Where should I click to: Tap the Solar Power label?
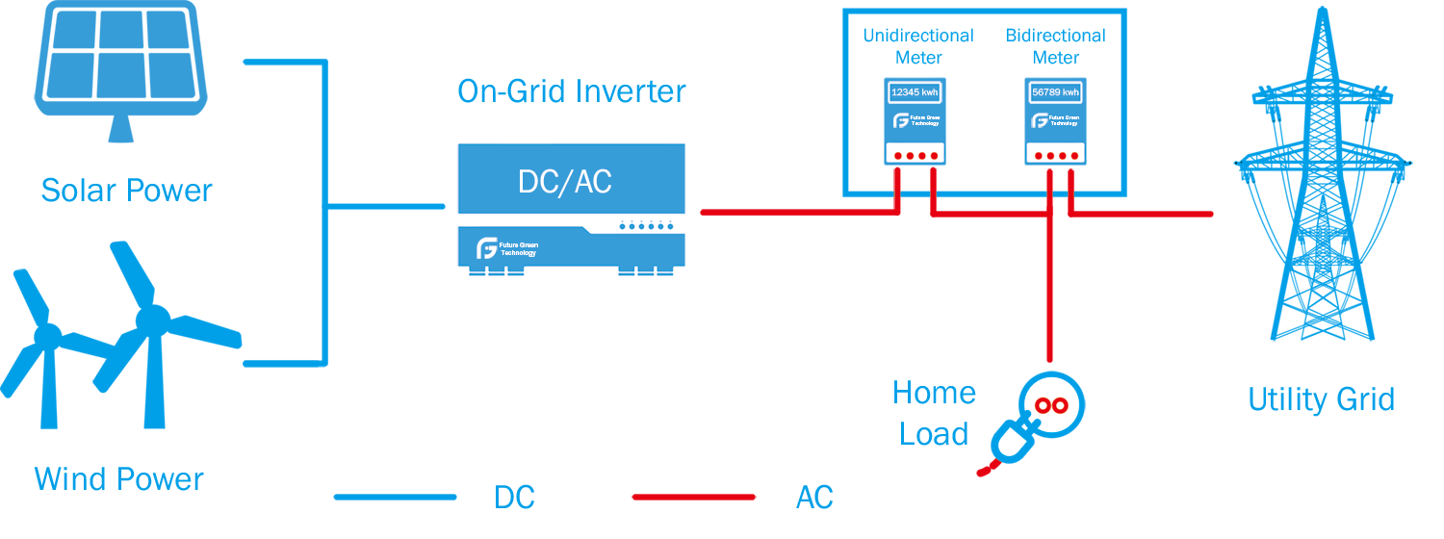(x=126, y=191)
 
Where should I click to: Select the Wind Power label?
(x=119, y=478)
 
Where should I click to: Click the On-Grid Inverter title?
(x=572, y=91)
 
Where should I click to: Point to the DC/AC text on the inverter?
(x=565, y=182)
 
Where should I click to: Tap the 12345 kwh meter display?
(x=914, y=92)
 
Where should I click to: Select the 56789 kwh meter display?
(x=1055, y=92)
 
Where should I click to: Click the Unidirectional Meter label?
(x=918, y=46)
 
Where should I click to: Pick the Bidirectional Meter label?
(x=1056, y=46)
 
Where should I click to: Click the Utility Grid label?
(x=1321, y=399)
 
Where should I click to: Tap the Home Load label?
(x=934, y=413)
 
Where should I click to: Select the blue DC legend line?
(x=395, y=497)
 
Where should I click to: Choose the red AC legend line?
(x=693, y=497)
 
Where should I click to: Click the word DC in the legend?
(x=514, y=498)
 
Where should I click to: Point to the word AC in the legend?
(x=814, y=498)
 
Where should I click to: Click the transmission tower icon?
(x=1322, y=192)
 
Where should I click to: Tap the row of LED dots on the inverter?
(x=645, y=227)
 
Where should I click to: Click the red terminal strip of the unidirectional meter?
(x=914, y=155)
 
